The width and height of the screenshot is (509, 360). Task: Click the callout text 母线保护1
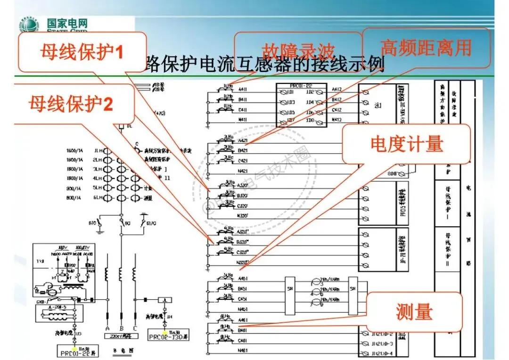click(82, 51)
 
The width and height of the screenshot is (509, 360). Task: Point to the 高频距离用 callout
click(426, 48)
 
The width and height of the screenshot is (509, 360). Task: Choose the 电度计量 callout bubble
click(407, 144)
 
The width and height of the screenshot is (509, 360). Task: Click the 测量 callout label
click(414, 311)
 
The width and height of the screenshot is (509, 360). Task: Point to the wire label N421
click(243, 171)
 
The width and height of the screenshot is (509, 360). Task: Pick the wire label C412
click(337, 110)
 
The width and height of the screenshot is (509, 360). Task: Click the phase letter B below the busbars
click(122, 328)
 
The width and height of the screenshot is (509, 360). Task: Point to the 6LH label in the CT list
click(98, 198)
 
